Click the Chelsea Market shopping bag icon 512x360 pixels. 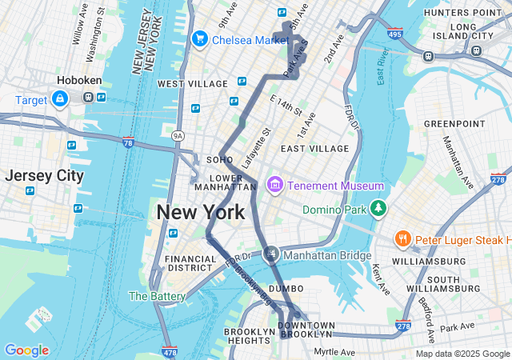(x=199, y=38)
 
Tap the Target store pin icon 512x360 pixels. (x=59, y=98)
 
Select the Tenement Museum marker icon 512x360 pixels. (x=275, y=186)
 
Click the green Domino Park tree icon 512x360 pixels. (x=378, y=210)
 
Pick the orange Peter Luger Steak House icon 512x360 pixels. (x=402, y=239)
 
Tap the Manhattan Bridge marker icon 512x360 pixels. (x=272, y=254)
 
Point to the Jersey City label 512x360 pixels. (x=44, y=176)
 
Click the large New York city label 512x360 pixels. (x=201, y=213)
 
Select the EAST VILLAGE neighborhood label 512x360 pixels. (x=314, y=149)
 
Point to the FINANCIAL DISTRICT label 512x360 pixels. (x=190, y=263)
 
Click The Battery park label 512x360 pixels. (x=157, y=296)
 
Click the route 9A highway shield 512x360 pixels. (x=178, y=137)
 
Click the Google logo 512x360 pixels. (x=26, y=350)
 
